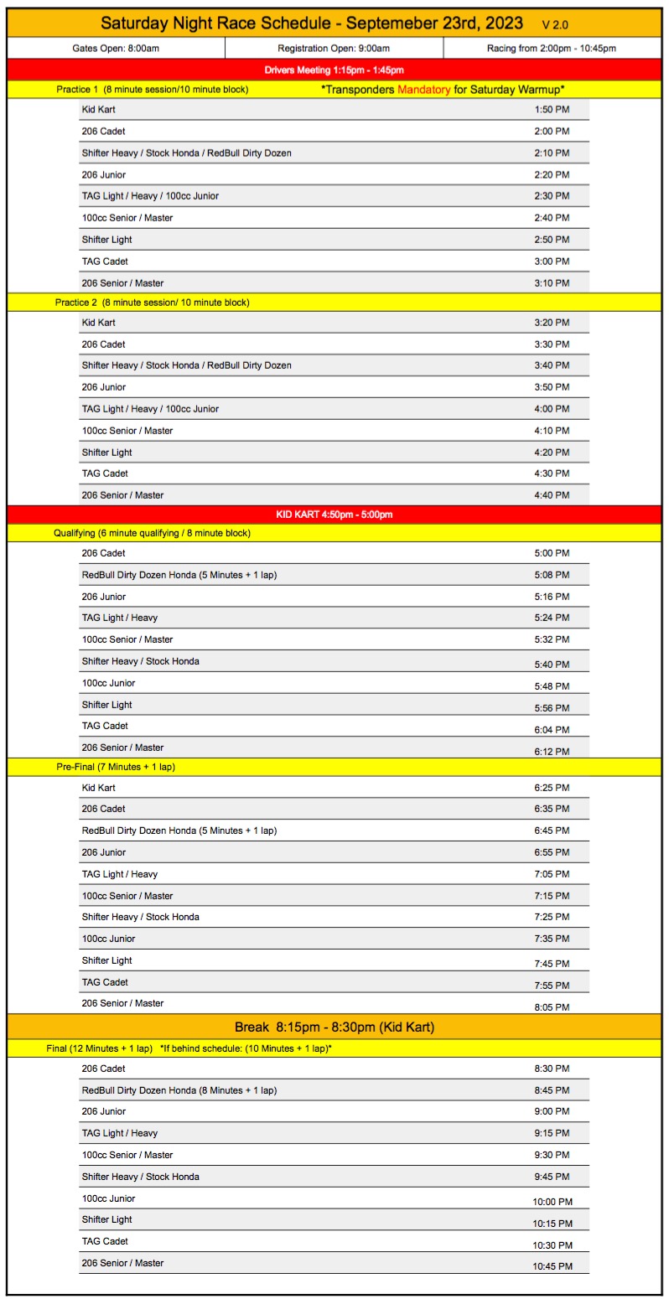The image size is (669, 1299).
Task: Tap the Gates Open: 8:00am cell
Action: tap(116, 49)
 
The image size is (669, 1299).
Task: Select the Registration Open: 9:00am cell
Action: tap(334, 49)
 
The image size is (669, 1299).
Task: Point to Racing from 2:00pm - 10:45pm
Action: tap(552, 49)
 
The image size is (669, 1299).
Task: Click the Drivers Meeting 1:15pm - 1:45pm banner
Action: tap(334, 70)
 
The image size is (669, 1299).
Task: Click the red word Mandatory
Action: tap(423, 89)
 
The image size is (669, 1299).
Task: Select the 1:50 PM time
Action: tap(552, 110)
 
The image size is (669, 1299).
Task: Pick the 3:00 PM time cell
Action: tap(552, 261)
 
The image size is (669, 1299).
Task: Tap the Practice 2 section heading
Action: tap(153, 302)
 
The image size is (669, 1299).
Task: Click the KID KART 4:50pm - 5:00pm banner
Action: tap(334, 515)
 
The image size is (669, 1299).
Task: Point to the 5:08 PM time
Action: tap(552, 575)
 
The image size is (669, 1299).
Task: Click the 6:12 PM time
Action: tap(552, 752)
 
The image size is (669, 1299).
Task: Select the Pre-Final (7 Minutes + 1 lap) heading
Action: tap(116, 767)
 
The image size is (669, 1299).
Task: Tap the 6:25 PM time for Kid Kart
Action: tap(552, 788)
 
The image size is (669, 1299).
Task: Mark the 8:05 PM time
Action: tap(552, 1007)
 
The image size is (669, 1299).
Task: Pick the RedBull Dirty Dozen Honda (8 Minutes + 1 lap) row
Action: tap(179, 1090)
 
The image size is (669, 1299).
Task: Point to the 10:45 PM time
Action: tap(552, 1266)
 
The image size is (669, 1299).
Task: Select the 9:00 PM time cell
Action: tap(552, 1112)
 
